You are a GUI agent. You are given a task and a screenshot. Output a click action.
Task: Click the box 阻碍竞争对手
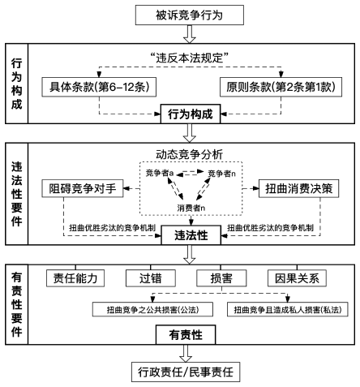82,187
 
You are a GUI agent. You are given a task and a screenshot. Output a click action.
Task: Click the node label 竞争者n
222,174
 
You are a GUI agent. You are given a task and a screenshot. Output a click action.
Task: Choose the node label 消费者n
191,209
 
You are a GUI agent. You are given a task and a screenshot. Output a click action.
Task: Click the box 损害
216,278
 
